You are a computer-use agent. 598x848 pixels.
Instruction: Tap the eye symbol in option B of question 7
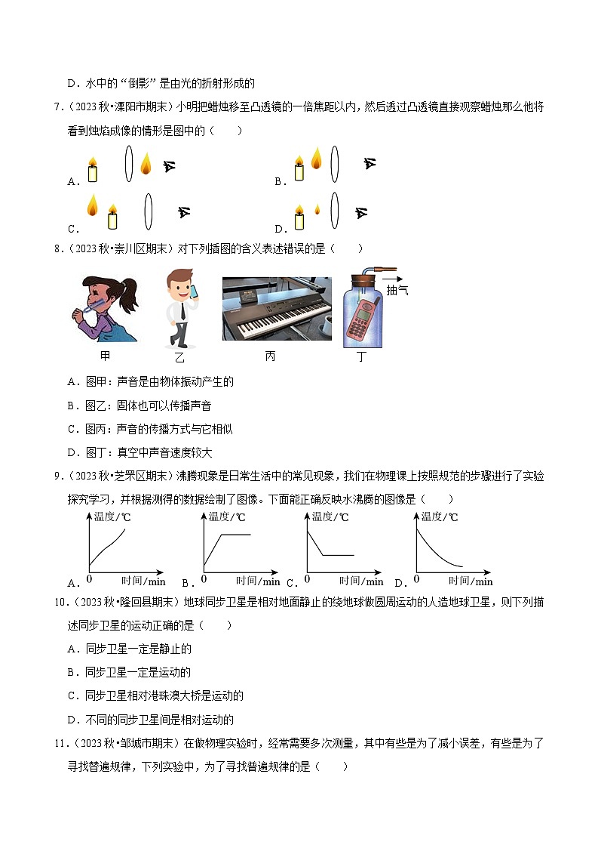[x=369, y=163]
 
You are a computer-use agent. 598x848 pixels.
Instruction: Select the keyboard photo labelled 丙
[x=277, y=308]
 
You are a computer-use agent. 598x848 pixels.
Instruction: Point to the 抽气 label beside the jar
[x=397, y=290]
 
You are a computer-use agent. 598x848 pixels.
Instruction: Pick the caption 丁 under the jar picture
[x=361, y=356]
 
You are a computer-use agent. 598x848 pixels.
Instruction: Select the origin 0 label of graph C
[x=306, y=579]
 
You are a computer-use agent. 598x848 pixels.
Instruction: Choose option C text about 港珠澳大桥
[x=155, y=695]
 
